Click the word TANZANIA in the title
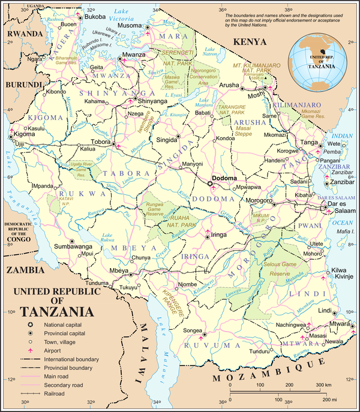point(57,312)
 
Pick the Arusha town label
point(228,86)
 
